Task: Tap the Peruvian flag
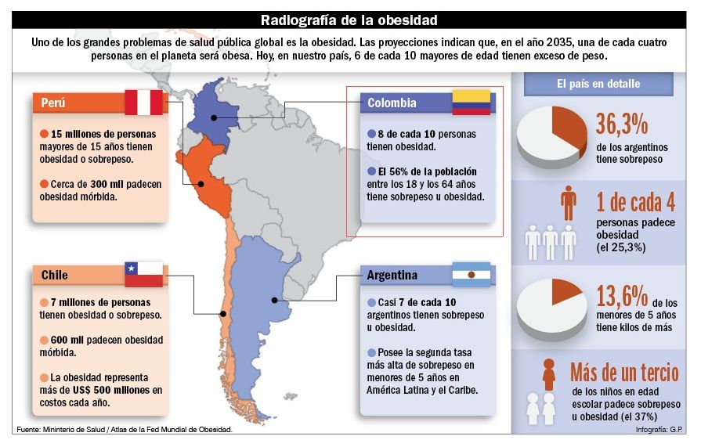144,103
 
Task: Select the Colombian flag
471,103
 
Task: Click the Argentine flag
471,275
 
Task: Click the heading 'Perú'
54,103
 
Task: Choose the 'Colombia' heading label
392,103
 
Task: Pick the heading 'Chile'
55,276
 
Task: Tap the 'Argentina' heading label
392,276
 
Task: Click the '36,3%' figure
622,124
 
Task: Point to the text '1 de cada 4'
635,203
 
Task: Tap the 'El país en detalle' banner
598,84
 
